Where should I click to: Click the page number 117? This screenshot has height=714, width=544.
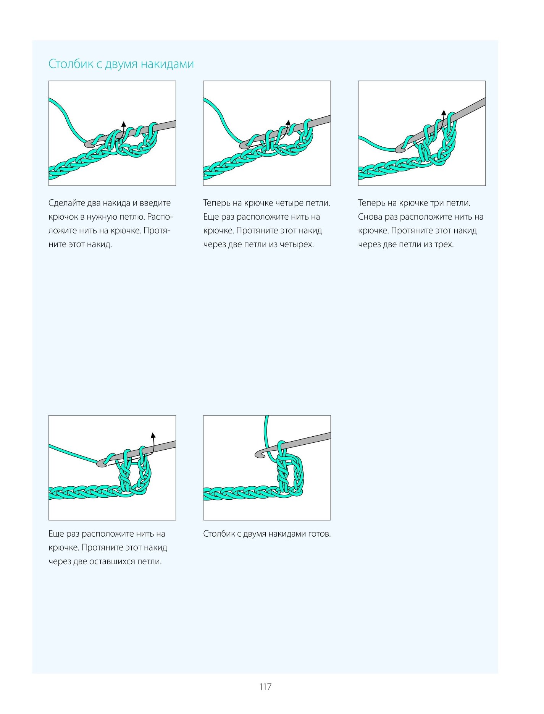[265, 687]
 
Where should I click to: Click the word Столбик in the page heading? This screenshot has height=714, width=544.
[71, 64]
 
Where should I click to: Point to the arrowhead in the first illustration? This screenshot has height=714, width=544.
[123, 124]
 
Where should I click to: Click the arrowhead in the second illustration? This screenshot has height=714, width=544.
[288, 123]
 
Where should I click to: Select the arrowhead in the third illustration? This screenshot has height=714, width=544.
[444, 113]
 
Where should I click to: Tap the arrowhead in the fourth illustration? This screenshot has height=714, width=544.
[153, 436]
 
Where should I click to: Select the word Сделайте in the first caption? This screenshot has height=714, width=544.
[67, 203]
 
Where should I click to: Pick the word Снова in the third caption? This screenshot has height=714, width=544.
[370, 217]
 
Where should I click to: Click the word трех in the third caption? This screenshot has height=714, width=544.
[444, 244]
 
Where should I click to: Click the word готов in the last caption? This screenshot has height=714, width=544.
[320, 534]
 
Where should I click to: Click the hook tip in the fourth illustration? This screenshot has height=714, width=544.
[101, 463]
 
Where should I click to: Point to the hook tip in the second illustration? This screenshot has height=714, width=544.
[244, 145]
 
